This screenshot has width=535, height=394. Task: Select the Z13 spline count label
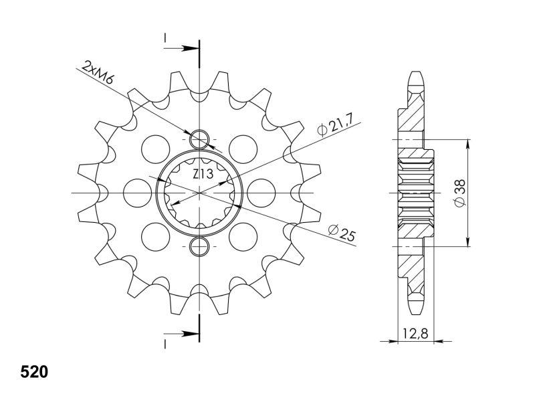[x=203, y=175]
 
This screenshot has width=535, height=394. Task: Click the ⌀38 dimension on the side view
[x=460, y=193]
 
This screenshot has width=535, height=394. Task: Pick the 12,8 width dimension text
[x=415, y=333]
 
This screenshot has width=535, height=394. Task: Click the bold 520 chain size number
[x=34, y=372]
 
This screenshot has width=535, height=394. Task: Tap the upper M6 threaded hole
[x=199, y=140]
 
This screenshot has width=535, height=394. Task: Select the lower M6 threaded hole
[x=199, y=246]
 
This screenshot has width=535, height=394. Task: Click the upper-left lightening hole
[x=156, y=149]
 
